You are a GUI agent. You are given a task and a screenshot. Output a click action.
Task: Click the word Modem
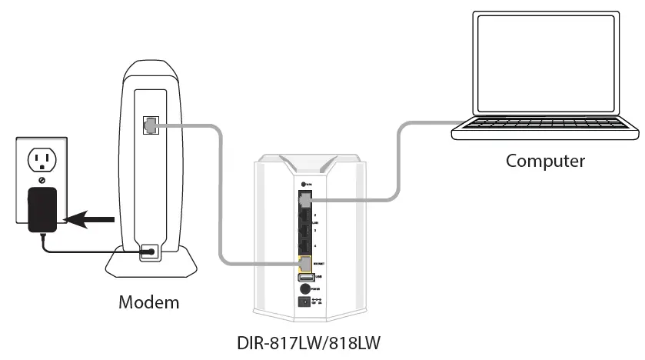tap(148, 302)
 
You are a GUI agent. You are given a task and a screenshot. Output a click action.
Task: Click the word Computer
tap(545, 161)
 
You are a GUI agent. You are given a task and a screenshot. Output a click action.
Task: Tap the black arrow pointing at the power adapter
tap(89, 220)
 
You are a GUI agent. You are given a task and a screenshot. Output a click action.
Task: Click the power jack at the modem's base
tap(149, 252)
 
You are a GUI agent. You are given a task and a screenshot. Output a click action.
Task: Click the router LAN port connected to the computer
tap(304, 200)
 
